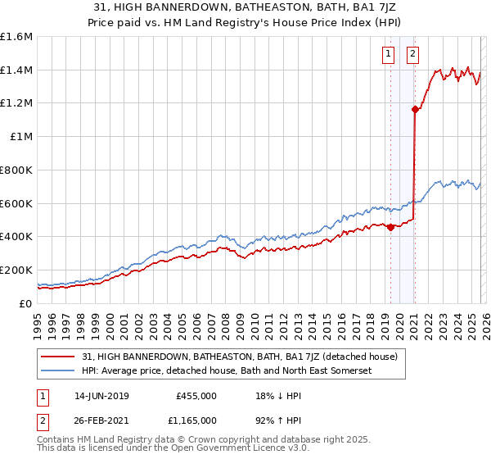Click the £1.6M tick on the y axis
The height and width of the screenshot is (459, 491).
click(16, 37)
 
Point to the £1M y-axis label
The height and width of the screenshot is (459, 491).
click(20, 137)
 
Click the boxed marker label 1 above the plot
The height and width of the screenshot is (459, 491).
click(386, 55)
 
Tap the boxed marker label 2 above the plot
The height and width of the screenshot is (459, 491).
click(412, 55)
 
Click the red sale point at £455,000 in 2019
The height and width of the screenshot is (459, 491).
click(390, 227)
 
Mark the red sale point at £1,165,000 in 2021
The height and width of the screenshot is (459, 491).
click(415, 109)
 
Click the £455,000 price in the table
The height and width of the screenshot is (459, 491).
click(196, 396)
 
